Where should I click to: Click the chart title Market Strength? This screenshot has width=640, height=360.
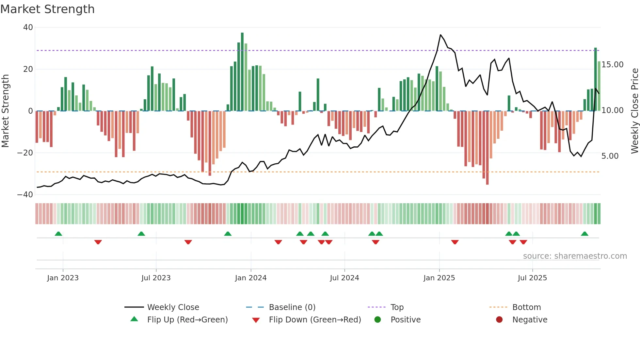[47, 9]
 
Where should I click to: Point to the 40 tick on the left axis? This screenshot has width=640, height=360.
[28, 27]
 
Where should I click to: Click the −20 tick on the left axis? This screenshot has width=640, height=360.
[25, 153]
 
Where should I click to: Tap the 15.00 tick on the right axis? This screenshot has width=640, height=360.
[612, 65]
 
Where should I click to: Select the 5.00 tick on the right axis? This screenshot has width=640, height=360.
[610, 156]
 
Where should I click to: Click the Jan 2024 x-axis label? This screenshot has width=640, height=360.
[250, 278]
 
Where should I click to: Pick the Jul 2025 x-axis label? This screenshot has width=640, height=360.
[532, 278]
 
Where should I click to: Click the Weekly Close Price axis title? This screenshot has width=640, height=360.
[634, 111]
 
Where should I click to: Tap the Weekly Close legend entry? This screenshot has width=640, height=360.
[173, 307]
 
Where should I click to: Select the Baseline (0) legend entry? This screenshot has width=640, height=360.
[292, 307]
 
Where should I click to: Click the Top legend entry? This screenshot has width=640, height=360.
[397, 307]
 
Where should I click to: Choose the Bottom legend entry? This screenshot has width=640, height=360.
[526, 307]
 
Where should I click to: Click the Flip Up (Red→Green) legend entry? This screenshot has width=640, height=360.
[187, 320]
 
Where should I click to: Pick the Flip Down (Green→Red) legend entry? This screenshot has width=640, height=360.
[315, 320]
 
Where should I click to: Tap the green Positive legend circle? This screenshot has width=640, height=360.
[377, 320]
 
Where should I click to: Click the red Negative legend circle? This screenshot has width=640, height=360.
[499, 320]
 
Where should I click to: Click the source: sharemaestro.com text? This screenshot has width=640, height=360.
[575, 256]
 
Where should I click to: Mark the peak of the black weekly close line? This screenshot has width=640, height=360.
[440, 35]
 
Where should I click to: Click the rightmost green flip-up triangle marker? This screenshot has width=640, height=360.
[584, 234]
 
